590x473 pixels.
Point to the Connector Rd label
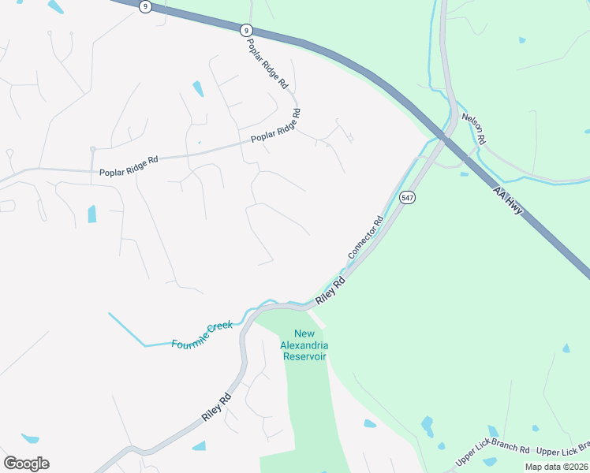365,239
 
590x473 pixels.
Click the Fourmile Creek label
202,335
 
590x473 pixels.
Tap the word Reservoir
304,356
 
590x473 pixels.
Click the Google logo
26,464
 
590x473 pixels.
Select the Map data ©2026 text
556,467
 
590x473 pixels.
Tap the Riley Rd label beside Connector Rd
330,291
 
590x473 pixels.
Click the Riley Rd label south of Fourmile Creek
216,406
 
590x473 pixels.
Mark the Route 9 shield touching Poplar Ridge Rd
247,29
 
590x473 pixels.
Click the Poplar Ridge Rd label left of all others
129,166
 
